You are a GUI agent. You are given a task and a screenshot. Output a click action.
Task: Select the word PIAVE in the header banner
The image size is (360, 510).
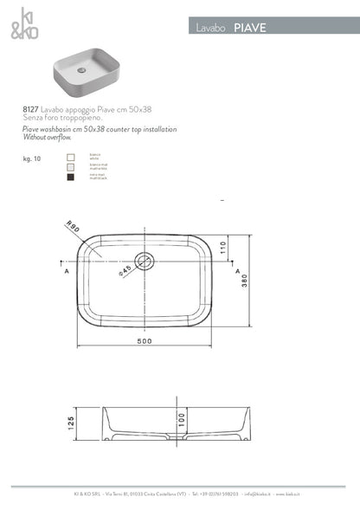point(250,28)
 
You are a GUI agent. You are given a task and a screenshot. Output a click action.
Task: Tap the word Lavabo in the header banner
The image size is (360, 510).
point(211,28)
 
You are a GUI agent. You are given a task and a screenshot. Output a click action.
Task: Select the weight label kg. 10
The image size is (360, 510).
point(32,160)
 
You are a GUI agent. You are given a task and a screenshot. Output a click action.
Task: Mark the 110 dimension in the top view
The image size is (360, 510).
point(222,248)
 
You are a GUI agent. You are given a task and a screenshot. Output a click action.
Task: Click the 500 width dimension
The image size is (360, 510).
point(144,340)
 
